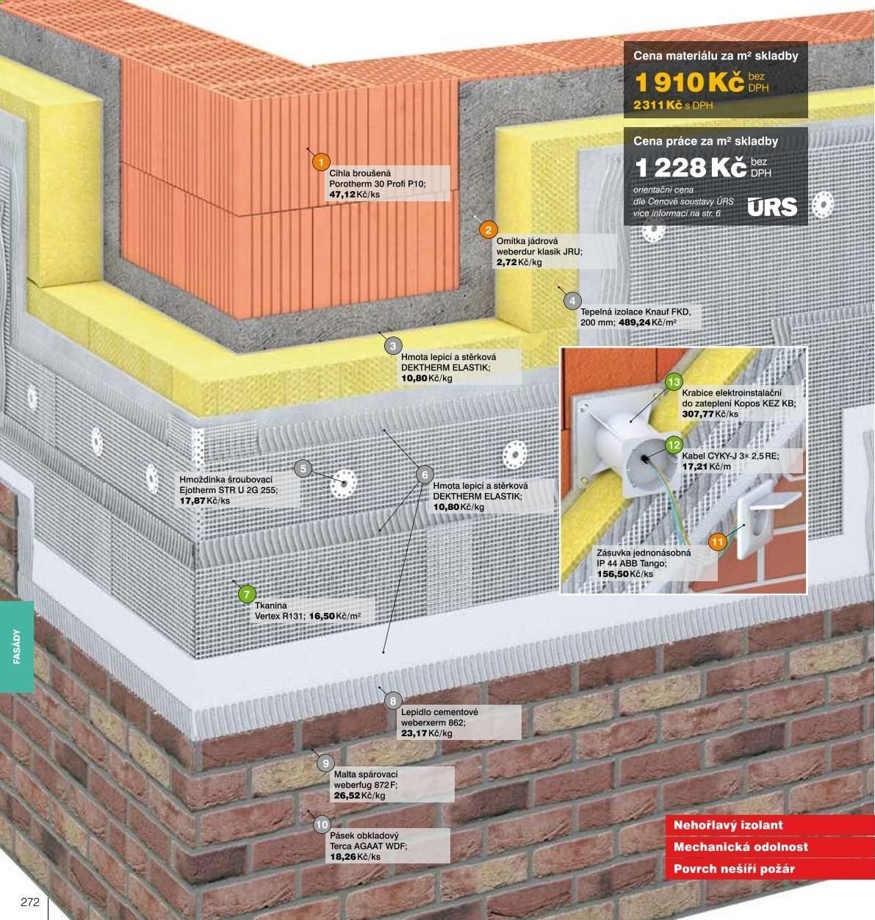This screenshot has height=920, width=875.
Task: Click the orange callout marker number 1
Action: pos(321,162)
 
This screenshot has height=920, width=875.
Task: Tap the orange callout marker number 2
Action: pos(488,230)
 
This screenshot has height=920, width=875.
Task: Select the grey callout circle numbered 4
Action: pos(572,301)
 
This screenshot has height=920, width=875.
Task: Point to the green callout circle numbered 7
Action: pos(247,594)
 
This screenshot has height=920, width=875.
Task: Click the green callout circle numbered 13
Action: pos(674,382)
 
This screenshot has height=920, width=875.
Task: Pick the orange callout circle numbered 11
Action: pos(717,542)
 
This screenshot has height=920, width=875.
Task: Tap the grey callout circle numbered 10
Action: pos(322,824)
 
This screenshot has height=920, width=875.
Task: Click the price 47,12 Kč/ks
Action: pos(354,194)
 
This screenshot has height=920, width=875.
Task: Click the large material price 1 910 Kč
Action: pos(689,82)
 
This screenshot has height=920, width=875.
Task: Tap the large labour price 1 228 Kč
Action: pos(690,168)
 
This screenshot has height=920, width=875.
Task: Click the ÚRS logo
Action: pos(772,206)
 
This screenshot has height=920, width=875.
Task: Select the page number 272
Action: pos(30,902)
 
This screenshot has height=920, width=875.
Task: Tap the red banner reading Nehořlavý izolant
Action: pos(727,825)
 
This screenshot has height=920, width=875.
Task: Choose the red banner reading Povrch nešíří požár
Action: pos(734,869)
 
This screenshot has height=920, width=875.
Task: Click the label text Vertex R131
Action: pos(279,616)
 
